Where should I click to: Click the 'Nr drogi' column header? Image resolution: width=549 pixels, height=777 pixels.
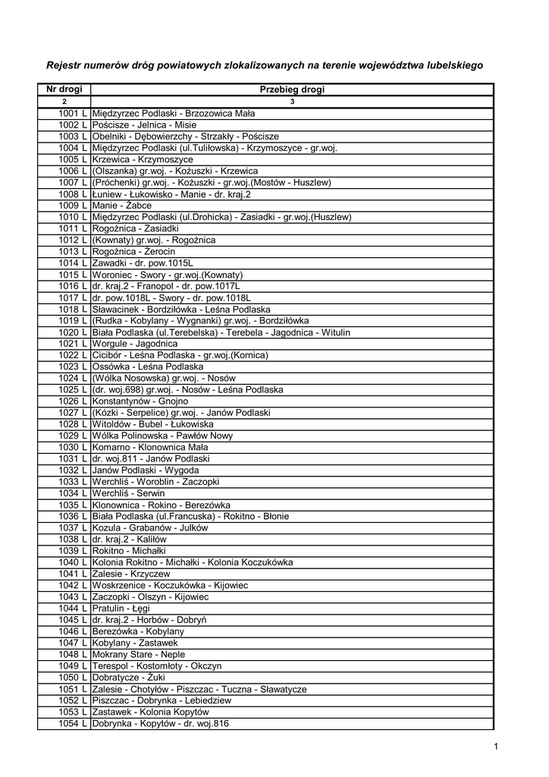coord(64,90)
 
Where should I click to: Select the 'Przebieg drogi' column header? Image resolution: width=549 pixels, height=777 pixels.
coord(292,90)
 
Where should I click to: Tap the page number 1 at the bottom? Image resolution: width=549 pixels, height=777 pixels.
coord(495,747)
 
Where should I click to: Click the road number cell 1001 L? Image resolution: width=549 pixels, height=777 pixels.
coord(73,113)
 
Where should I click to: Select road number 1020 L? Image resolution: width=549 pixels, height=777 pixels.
coord(73,332)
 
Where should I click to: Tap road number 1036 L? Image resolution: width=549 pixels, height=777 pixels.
coord(73,517)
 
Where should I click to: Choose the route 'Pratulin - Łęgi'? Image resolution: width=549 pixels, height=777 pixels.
coord(121,609)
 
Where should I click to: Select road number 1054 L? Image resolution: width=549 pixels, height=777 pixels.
coord(73,724)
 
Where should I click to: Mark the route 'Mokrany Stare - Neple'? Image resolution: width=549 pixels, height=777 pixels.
coord(138,655)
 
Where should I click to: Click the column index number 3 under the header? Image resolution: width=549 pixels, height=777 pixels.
coord(292,102)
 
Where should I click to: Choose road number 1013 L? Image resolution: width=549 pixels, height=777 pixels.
coord(73,251)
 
